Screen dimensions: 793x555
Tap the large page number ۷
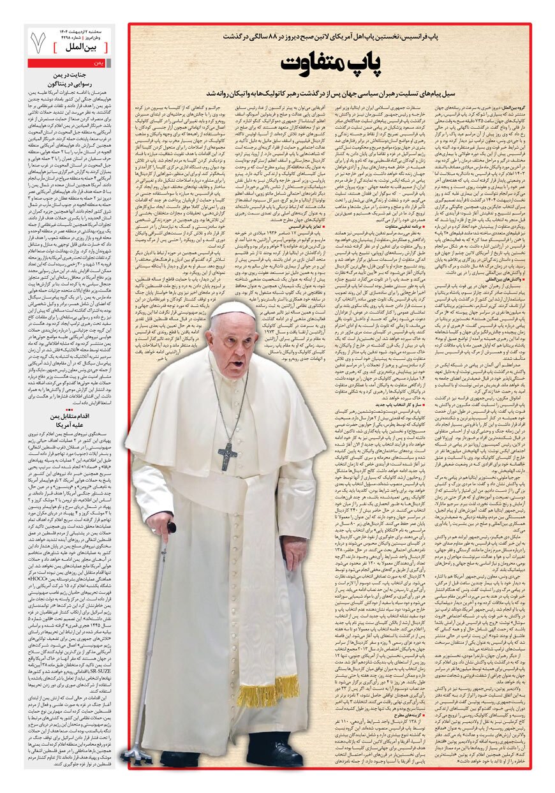[x=38, y=41]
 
